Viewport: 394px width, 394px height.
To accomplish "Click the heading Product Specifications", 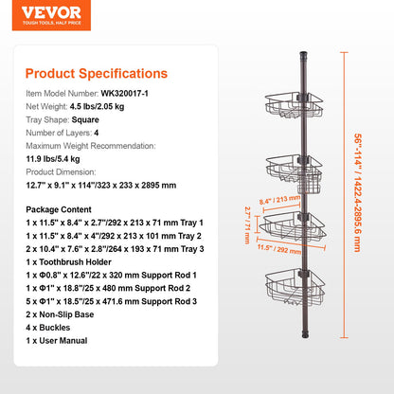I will pyautogui.click(x=96, y=73).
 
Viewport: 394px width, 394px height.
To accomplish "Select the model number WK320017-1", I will pyautogui.click(x=131, y=93).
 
